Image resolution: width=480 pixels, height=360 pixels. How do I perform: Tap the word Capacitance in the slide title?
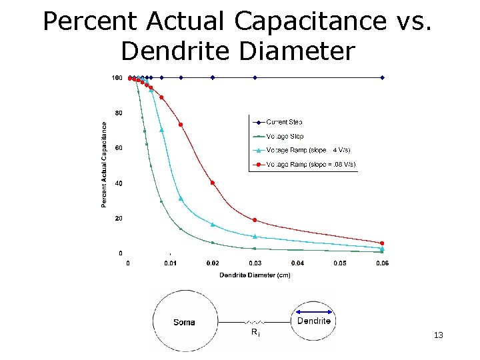coord(309,21)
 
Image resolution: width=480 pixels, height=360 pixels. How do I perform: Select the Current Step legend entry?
coord(284,122)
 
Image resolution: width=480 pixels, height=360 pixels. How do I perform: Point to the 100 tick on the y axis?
coord(117,78)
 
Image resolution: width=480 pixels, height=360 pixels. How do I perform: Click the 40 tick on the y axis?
coord(118,183)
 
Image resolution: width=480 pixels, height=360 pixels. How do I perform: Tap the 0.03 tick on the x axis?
coord(255,263)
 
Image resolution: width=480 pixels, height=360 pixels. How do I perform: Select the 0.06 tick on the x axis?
coord(382,263)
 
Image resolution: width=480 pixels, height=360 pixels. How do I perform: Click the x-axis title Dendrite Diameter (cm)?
coord(255,275)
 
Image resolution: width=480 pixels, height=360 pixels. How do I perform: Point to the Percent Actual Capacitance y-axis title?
coord(104,163)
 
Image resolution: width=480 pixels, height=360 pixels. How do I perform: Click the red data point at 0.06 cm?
coord(382,243)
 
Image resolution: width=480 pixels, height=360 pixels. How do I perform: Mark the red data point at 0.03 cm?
coord(255,220)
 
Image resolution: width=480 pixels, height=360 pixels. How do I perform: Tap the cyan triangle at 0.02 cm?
coord(213,225)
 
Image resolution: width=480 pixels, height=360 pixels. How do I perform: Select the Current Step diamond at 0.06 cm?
coord(382,77)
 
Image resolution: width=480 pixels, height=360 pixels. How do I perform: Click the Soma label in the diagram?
coord(184,323)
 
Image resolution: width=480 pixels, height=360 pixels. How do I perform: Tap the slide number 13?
coord(438,335)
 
